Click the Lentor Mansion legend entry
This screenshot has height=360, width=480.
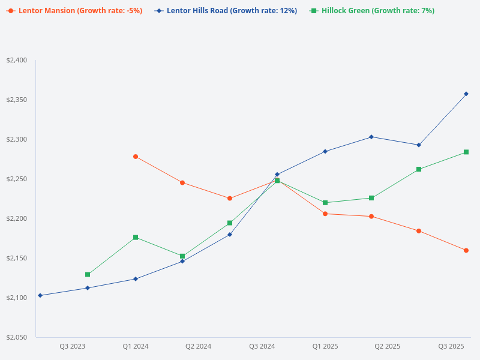coord(75,11)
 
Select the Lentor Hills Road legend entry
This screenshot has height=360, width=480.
coord(226,11)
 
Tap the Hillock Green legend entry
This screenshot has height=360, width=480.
coord(372,11)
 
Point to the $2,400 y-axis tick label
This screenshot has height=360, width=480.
coord(16,61)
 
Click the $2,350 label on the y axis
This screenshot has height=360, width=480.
coord(16,100)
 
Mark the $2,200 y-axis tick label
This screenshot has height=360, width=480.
coord(16,219)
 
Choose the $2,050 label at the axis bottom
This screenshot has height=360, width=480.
coord(16,337)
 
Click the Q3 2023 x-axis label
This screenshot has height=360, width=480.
coord(72,347)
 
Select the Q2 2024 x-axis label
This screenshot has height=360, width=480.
coord(198,347)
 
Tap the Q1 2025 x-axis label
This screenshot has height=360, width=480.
coord(325,347)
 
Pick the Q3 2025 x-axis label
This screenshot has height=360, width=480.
coord(451,347)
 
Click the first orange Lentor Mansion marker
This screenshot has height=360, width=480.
coord(136,157)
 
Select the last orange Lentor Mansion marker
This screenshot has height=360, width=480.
coord(466,250)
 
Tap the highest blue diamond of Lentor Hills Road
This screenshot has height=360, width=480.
coord(466,94)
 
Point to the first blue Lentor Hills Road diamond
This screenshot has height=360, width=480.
coord(40,295)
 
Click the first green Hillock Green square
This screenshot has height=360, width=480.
coord(88,274)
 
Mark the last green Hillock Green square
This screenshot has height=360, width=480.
coord(466,152)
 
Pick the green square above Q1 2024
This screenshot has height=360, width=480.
coord(136,238)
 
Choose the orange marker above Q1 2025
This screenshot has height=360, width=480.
coord(325,214)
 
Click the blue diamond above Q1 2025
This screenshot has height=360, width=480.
coord(325,151)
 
